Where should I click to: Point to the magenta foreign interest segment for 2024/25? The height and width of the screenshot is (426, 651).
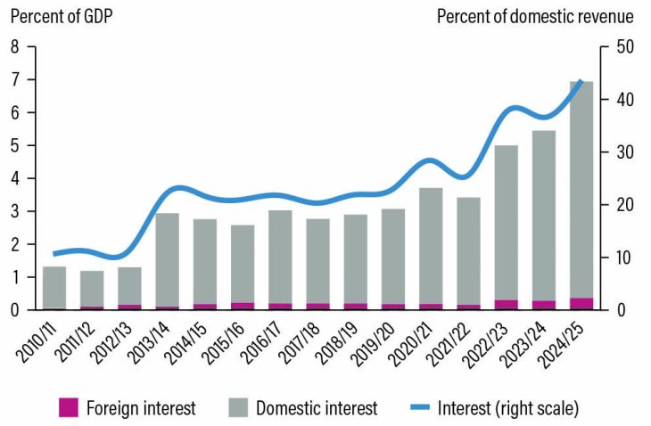click(581, 304)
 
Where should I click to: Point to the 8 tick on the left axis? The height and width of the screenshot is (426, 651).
click(15, 47)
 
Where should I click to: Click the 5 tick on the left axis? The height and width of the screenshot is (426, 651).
click(15, 145)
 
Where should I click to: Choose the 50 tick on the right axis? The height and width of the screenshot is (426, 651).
click(614, 47)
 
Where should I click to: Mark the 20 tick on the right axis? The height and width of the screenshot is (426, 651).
click(614, 205)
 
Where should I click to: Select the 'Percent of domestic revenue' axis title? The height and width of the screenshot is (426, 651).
click(534, 16)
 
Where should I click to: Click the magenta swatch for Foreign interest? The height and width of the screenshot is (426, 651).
click(68, 408)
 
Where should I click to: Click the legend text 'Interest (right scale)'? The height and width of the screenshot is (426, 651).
click(507, 408)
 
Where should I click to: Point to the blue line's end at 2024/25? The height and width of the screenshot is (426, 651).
click(582, 81)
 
